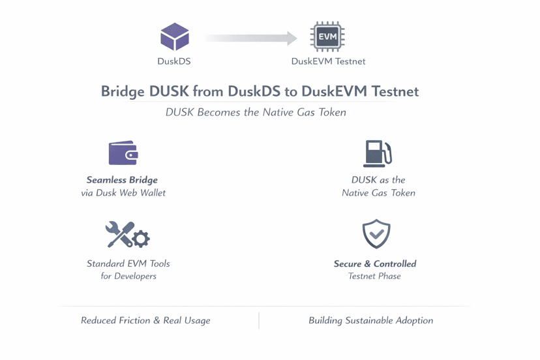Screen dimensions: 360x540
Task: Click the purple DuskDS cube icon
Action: pyautogui.click(x=175, y=37)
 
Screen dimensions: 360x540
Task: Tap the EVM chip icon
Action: pyautogui.click(x=327, y=37)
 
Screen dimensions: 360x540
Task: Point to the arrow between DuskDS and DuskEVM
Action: pyautogui.click(x=251, y=38)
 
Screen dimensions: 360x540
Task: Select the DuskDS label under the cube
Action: pyautogui.click(x=174, y=61)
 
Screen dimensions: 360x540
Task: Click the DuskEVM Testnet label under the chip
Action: pyautogui.click(x=328, y=61)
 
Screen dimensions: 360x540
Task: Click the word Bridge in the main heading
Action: pyautogui.click(x=123, y=91)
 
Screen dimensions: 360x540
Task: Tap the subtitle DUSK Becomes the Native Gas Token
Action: pyautogui.click(x=256, y=112)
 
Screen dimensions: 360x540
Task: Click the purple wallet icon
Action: pyautogui.click(x=123, y=153)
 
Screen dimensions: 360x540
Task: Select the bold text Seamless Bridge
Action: pyautogui.click(x=122, y=180)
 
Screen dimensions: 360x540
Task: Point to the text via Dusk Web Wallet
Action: pyautogui.click(x=123, y=193)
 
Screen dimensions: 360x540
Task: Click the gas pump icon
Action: pyautogui.click(x=377, y=153)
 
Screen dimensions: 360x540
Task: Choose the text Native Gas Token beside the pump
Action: pyautogui.click(x=378, y=193)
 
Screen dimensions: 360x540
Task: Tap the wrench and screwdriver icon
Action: pyautogui.click(x=119, y=235)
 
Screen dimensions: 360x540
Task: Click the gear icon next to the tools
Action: pyautogui.click(x=140, y=239)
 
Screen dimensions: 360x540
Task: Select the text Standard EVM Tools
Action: pyautogui.click(x=128, y=263)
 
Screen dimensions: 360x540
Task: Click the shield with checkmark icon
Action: pyautogui.click(x=376, y=234)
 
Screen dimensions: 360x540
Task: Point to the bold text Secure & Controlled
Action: pyautogui.click(x=375, y=263)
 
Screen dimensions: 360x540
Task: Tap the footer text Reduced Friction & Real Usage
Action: pyautogui.click(x=145, y=320)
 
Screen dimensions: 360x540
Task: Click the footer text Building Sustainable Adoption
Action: pyautogui.click(x=370, y=320)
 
